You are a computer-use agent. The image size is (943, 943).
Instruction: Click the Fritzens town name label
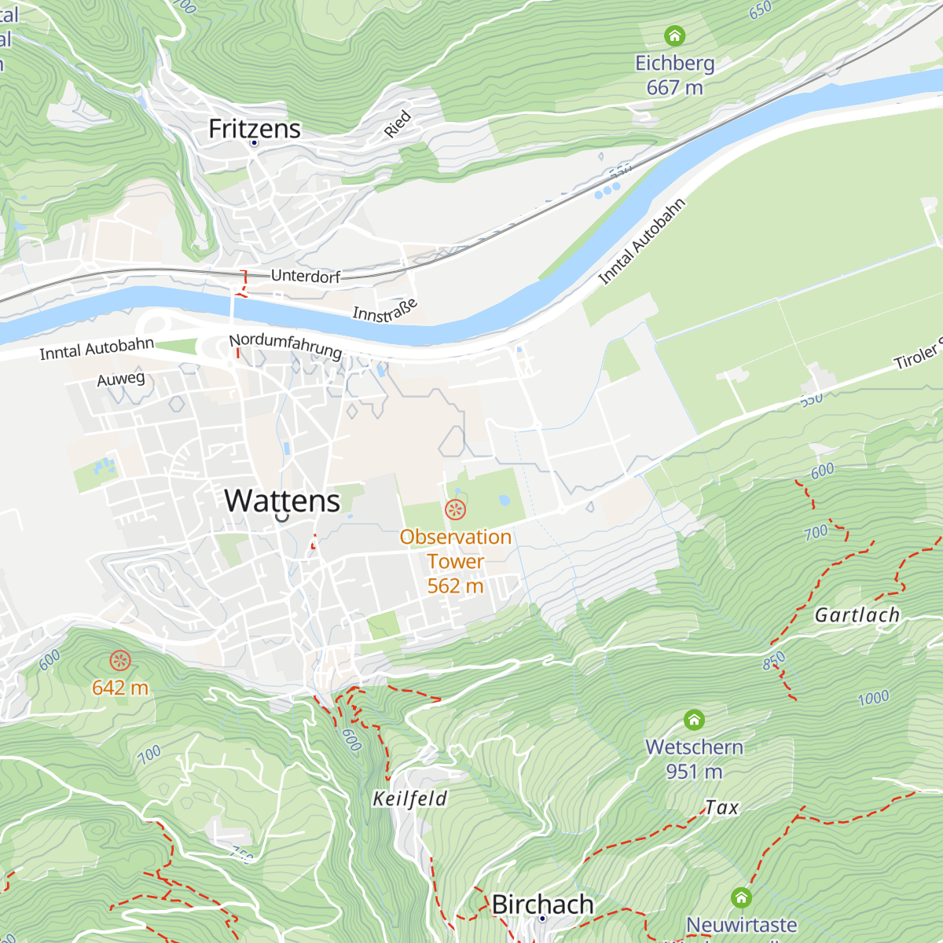click(x=254, y=129)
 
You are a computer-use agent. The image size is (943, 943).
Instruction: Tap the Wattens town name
click(x=282, y=501)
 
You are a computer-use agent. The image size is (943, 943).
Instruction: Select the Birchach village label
click(x=542, y=904)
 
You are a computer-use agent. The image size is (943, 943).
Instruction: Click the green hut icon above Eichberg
click(x=674, y=36)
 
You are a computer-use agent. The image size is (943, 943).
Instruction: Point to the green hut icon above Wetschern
click(x=694, y=720)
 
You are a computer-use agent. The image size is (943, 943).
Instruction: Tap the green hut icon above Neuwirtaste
click(x=741, y=897)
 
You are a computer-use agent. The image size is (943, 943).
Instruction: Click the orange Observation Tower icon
click(x=455, y=509)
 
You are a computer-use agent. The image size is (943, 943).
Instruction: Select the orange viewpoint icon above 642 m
click(x=119, y=661)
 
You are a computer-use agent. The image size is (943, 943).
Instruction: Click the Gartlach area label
click(x=857, y=615)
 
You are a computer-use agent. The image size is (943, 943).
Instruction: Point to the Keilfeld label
click(x=409, y=799)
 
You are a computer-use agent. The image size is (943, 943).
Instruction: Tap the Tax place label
click(x=721, y=808)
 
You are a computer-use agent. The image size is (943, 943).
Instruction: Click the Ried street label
click(x=398, y=124)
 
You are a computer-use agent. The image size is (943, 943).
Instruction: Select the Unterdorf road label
click(x=306, y=277)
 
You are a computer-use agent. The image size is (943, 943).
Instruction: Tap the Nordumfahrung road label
click(x=285, y=345)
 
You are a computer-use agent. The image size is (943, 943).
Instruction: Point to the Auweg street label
click(x=121, y=380)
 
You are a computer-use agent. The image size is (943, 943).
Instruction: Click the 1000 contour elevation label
click(x=873, y=698)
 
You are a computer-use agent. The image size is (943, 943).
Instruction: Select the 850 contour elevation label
click(x=774, y=661)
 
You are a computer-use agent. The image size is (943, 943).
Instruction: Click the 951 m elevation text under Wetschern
click(x=694, y=772)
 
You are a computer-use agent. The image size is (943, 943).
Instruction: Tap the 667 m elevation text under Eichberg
click(x=674, y=87)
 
